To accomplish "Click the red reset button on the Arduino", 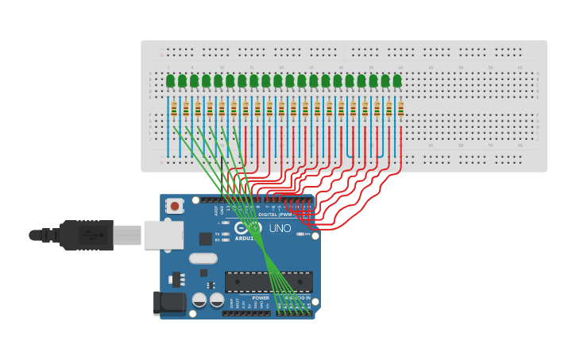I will click(175, 206).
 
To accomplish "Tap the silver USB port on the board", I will click(163, 235).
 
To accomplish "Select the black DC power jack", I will click(169, 303).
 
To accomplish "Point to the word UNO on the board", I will click(280, 228).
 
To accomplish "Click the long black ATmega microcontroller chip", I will click(268, 281).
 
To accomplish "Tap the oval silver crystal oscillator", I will click(203, 258).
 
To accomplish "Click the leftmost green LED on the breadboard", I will click(170, 80).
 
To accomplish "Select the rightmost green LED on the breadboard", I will click(397, 80).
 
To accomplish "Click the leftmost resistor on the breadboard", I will click(174, 109).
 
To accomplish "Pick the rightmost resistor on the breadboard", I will click(400, 109).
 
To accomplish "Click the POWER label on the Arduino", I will click(261, 298).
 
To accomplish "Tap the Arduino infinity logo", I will click(247, 227).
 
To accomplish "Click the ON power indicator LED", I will click(300, 234).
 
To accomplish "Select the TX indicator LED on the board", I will click(226, 234).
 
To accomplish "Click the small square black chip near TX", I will click(205, 238).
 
